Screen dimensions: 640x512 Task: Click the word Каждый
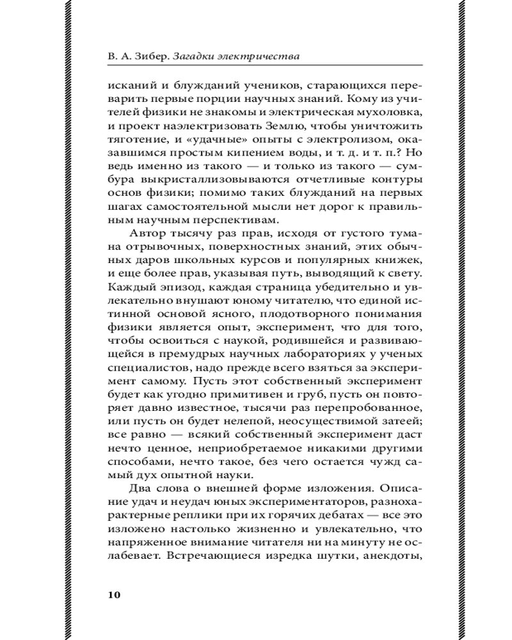click(x=127, y=292)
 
